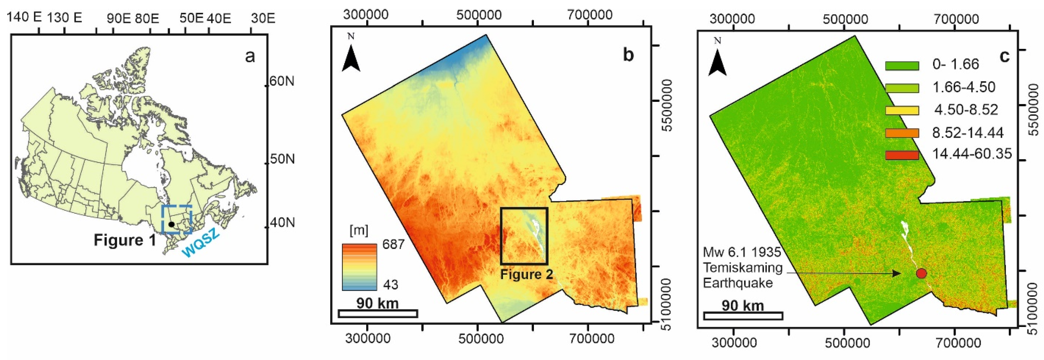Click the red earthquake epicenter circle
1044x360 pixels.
coord(921,273)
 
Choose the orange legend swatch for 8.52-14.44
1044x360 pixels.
coord(902,133)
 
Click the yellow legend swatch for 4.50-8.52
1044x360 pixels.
coord(902,110)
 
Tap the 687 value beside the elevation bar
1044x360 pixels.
coord(393,244)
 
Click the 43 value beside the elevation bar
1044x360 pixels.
coord(390,285)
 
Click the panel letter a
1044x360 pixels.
coord(250,56)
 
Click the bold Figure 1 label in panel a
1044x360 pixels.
coord(124,240)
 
